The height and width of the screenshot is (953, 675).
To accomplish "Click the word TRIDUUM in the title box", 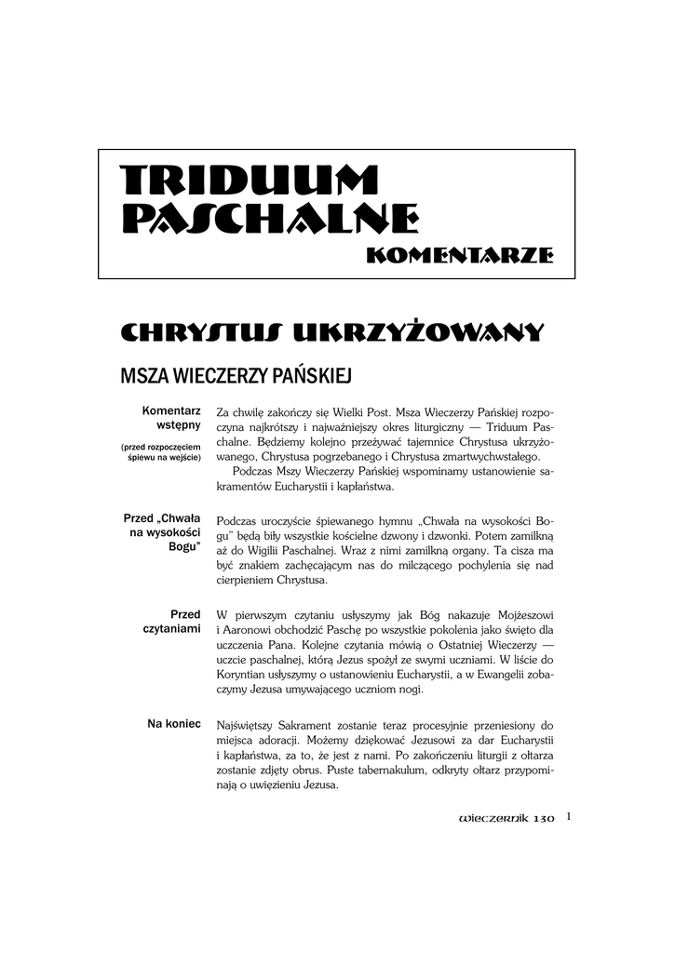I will coord(237,181).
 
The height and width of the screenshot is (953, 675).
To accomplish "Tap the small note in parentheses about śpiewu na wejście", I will coord(161,452).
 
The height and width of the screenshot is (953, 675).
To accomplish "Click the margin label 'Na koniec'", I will coord(174,724).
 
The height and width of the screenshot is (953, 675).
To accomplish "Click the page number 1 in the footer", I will coord(568,817).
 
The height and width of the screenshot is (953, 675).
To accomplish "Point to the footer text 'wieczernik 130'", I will coord(506,819).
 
